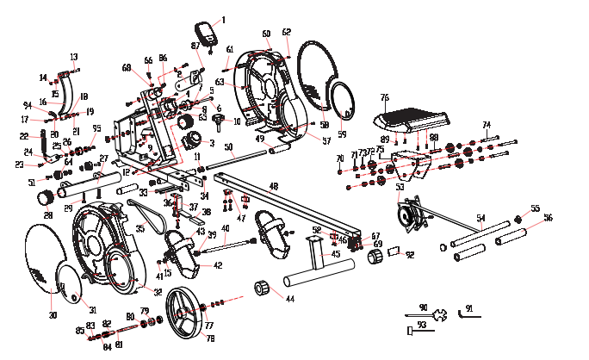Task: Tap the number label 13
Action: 73,57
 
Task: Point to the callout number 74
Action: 486,125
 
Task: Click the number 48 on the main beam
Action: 273,186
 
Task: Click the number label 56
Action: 549,218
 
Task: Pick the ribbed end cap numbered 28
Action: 43,199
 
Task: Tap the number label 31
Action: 93,309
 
